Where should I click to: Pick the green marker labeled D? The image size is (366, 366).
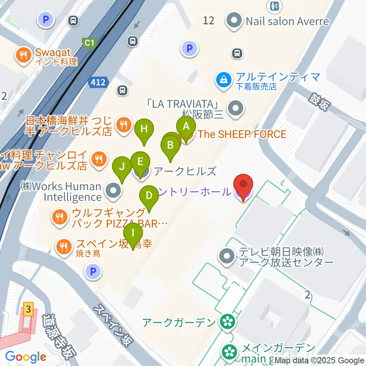pyautogui.click(x=149, y=196)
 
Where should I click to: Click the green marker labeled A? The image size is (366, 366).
pyautogui.click(x=186, y=127)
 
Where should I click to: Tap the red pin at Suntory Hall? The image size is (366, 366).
pyautogui.click(x=243, y=185)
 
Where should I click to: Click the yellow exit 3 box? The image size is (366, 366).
pyautogui.click(x=27, y=309)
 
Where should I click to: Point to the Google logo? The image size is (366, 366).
pyautogui.click(x=26, y=357)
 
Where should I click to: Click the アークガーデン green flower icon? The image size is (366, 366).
pyautogui.click(x=228, y=323)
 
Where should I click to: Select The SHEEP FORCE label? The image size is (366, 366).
pyautogui.click(x=242, y=134)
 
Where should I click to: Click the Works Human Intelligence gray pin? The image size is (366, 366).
pyautogui.click(x=113, y=192)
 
